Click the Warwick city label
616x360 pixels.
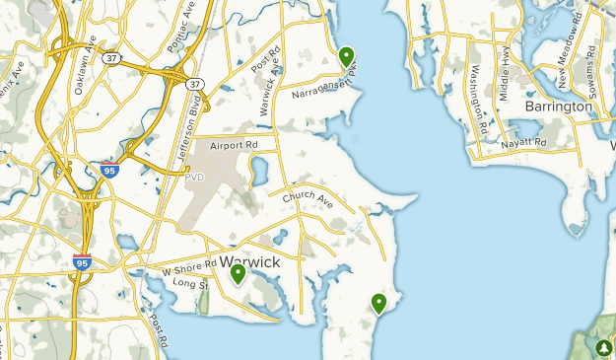[x=250, y=263]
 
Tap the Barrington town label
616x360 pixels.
[x=559, y=106]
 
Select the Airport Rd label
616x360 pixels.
[x=234, y=144]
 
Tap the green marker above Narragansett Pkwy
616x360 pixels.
[x=346, y=56]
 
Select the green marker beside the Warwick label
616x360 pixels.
[x=238, y=273]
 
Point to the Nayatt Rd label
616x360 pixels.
[x=522, y=143]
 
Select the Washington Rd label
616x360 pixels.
[x=478, y=99]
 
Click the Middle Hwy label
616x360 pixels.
[x=506, y=73]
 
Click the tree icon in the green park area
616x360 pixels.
[x=603, y=347]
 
